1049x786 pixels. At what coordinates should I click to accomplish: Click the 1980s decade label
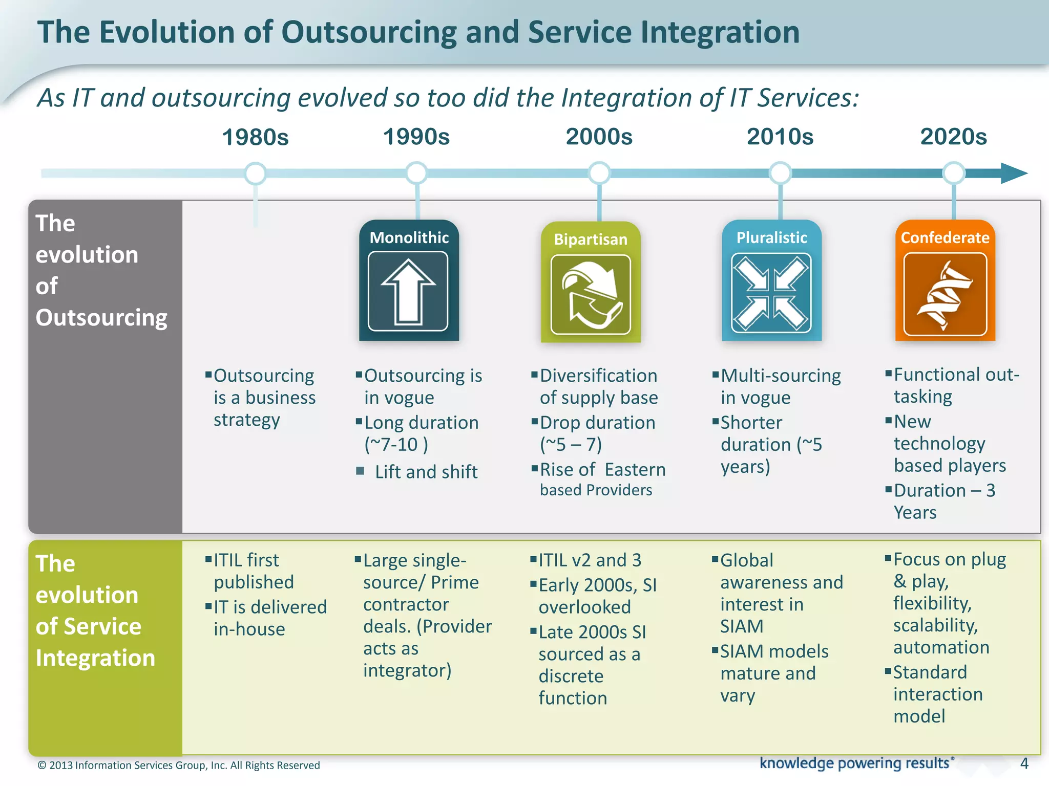(255, 137)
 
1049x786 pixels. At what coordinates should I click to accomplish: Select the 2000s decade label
(599, 137)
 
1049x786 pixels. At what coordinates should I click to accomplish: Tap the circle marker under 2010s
(780, 173)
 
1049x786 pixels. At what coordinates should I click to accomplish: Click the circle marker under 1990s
(416, 173)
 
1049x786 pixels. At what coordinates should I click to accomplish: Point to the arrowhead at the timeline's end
(1013, 173)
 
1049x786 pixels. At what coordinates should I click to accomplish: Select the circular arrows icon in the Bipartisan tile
(591, 294)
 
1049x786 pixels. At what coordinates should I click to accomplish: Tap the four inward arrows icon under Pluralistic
(771, 293)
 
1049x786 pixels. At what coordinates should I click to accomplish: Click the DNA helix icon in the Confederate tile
(945, 294)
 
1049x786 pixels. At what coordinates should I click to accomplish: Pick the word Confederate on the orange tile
(945, 237)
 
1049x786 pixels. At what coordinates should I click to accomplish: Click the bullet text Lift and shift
(426, 472)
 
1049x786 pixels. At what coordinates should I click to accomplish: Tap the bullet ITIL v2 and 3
(589, 560)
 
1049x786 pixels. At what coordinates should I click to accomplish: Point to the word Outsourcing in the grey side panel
(101, 318)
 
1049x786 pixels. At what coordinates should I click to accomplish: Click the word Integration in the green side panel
(95, 658)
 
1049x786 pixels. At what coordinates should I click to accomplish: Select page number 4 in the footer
(1024, 763)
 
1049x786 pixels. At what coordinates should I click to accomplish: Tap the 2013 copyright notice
(179, 766)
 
